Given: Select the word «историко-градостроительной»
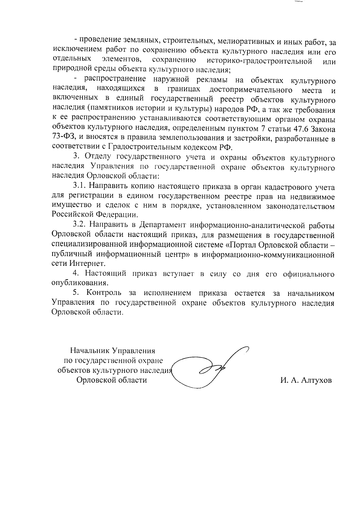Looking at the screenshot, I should click(258, 61).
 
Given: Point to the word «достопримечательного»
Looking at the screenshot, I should click(251, 90).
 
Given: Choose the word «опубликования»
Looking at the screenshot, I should click(79, 283).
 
